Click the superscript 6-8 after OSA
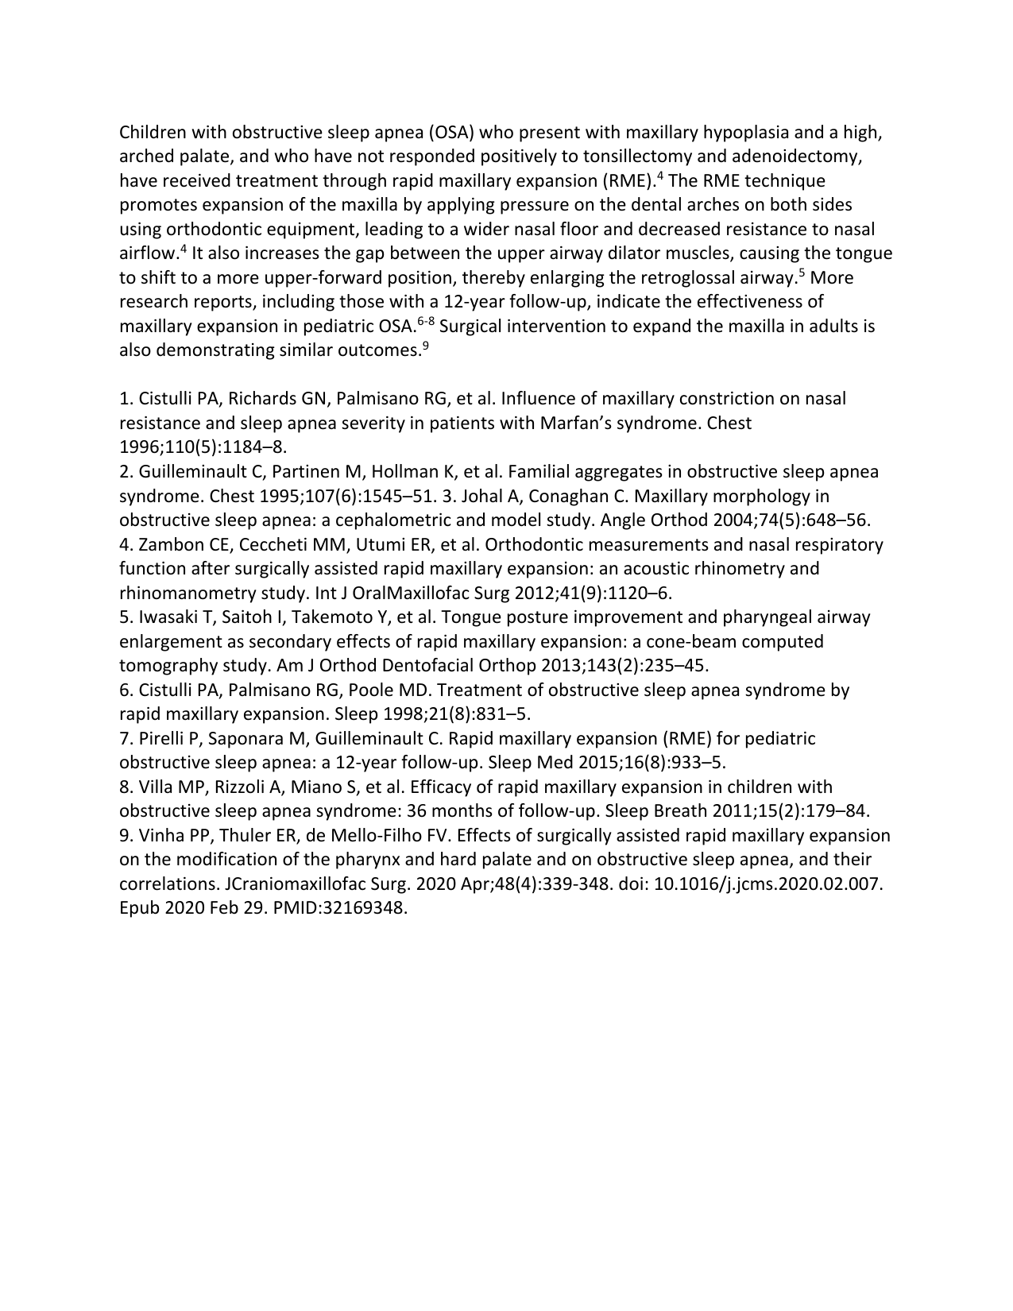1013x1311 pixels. coord(426,321)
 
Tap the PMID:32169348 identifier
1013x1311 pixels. coord(340,908)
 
